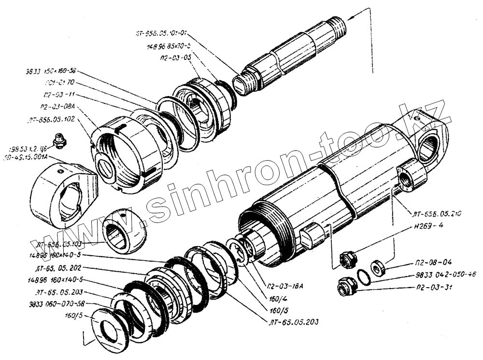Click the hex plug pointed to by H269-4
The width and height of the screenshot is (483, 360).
(346, 259)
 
